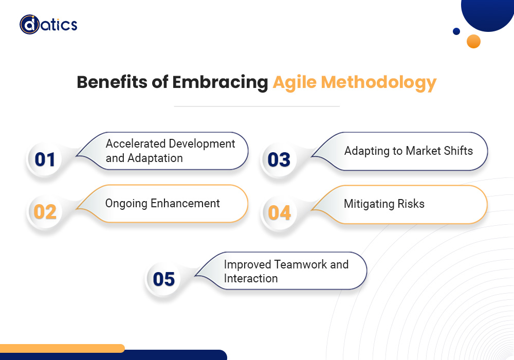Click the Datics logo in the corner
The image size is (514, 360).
coord(48,24)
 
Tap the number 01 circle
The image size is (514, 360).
coord(45,159)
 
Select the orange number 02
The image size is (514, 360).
coord(45,212)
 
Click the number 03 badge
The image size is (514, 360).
coord(279,160)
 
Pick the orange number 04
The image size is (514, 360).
coord(279,212)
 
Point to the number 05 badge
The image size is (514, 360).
coord(164,279)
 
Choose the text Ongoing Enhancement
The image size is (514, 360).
coord(162,203)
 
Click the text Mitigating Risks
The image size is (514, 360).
coord(384,204)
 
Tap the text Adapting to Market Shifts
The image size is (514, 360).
coord(408,151)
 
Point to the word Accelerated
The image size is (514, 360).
coord(136,143)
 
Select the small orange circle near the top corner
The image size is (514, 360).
coord(473,41)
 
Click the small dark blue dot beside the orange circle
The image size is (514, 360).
coord(456,31)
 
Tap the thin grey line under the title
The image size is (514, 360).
coord(256,106)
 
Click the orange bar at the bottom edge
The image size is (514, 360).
coord(62,348)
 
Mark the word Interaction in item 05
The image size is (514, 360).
coord(251,278)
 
